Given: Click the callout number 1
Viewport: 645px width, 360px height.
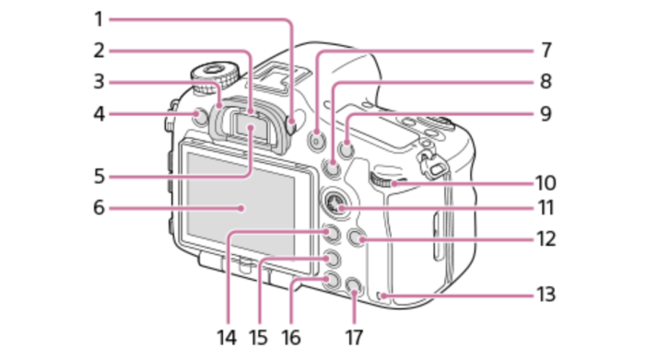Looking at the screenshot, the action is pos(99,19).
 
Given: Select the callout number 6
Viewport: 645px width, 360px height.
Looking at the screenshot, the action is pos(100,207).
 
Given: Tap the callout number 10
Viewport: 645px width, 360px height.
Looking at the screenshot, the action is pos(545,183).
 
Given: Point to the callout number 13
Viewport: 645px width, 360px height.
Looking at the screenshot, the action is pos(545,295).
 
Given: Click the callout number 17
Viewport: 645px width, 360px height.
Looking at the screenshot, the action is pos(354,337).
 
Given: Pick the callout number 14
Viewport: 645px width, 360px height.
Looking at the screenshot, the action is pos(227,337).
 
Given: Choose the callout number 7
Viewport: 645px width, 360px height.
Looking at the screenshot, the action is pos(545,51).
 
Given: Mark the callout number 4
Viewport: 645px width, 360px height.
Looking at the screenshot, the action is pos(100,114).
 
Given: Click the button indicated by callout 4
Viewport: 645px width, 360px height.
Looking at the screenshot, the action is pos(200,117).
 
